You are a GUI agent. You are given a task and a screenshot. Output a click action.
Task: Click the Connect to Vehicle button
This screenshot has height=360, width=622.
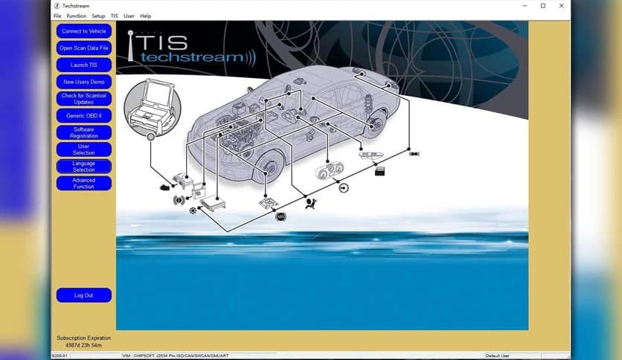[x=83, y=31]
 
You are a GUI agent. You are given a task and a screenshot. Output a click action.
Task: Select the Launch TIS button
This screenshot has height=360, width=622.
[x=83, y=65]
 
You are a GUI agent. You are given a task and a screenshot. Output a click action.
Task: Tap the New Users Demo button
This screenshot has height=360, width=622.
[x=83, y=82]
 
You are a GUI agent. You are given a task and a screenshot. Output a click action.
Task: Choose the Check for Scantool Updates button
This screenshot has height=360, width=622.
[x=83, y=99]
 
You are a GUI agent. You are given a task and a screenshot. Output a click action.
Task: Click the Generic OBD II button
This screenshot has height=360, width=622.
[x=83, y=116]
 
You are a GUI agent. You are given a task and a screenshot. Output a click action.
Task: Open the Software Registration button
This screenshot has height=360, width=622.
[x=83, y=132]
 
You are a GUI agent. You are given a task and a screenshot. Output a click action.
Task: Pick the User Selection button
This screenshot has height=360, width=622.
[x=83, y=150]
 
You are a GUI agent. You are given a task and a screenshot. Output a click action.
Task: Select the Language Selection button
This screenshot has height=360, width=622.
[x=83, y=167]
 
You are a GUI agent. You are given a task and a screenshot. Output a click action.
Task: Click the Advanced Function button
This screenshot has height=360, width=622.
[x=83, y=183]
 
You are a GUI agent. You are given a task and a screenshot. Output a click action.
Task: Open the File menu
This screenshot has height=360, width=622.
[x=57, y=16]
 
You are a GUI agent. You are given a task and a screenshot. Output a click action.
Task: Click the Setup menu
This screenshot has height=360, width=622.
[x=98, y=16]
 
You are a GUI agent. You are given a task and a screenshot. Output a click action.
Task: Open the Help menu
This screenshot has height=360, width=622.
[x=145, y=16]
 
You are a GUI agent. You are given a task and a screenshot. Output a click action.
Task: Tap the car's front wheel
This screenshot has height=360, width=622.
[x=268, y=167]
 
